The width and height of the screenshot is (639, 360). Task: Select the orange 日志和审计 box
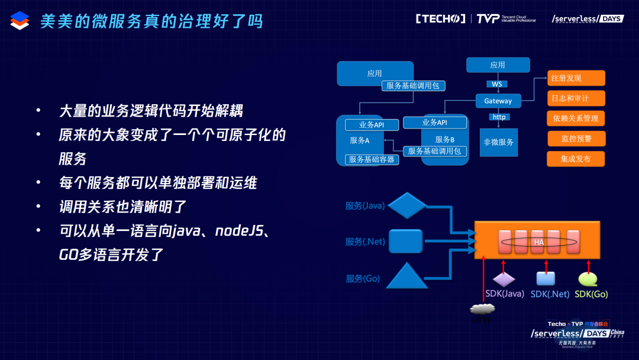(568, 98)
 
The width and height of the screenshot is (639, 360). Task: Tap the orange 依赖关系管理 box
(576, 118)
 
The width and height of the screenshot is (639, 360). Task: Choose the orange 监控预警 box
(576, 139)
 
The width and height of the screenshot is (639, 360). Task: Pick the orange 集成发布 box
(576, 159)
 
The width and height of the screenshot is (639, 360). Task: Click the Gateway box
(498, 101)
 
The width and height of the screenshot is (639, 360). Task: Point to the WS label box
(497, 84)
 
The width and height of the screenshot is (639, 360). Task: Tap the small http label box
(499, 117)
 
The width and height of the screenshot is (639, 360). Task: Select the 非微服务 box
(498, 142)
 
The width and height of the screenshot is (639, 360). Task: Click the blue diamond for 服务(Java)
(406, 205)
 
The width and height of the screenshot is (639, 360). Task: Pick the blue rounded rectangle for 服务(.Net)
(405, 241)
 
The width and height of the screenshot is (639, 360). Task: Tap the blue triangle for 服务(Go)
(406, 275)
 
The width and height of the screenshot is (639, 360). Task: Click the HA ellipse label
(538, 242)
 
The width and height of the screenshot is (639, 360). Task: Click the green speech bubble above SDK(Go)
(588, 278)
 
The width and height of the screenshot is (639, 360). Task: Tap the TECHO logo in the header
(440, 19)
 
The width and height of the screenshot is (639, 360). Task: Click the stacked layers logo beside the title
(20, 21)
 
